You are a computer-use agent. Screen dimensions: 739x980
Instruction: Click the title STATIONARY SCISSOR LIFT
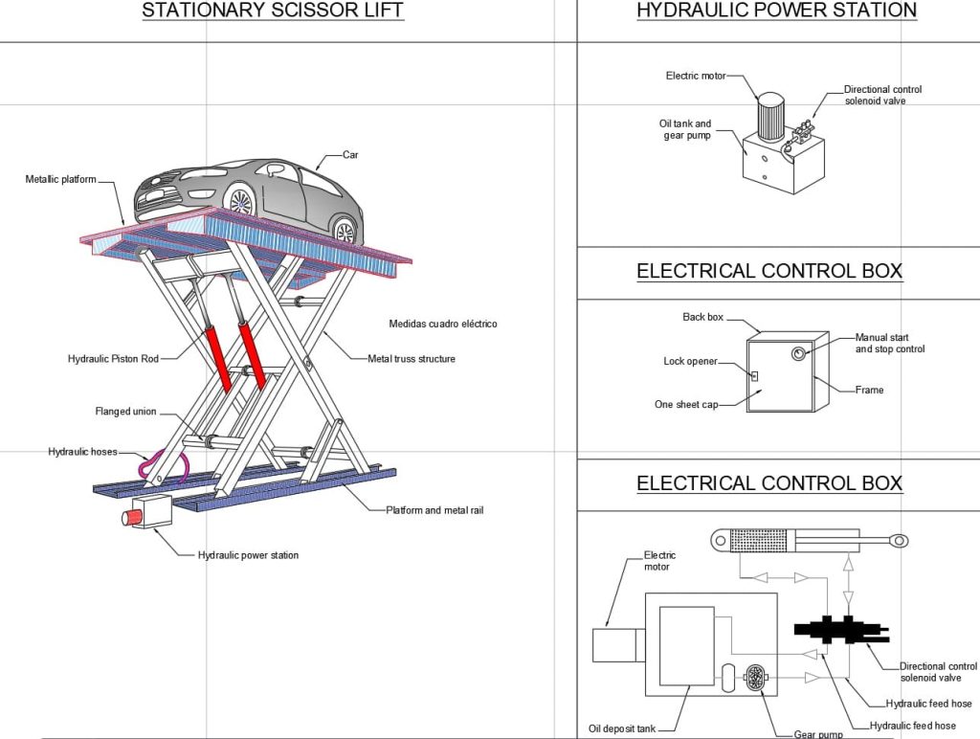pos(273,11)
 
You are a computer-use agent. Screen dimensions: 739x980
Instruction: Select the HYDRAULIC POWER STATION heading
pos(776,11)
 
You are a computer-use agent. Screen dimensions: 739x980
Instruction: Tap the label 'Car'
pos(351,154)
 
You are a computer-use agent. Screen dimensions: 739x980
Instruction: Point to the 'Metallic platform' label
pos(60,180)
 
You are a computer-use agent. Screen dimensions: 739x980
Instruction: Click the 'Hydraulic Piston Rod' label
pos(113,359)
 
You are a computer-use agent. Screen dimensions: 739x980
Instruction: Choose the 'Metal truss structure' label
pos(412,359)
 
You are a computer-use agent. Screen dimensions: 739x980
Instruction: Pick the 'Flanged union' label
pos(125,412)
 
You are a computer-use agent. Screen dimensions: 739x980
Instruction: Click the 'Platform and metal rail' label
pos(434,510)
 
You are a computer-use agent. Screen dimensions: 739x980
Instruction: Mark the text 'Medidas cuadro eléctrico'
pos(443,324)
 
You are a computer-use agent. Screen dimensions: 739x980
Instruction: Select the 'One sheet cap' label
pos(686,405)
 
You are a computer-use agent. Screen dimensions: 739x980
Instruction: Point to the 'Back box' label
pos(702,317)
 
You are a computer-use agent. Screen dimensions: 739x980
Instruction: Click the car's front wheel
pos(240,202)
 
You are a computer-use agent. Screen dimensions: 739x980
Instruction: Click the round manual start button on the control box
pos(798,354)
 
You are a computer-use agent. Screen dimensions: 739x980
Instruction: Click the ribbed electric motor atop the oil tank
pos(770,121)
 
